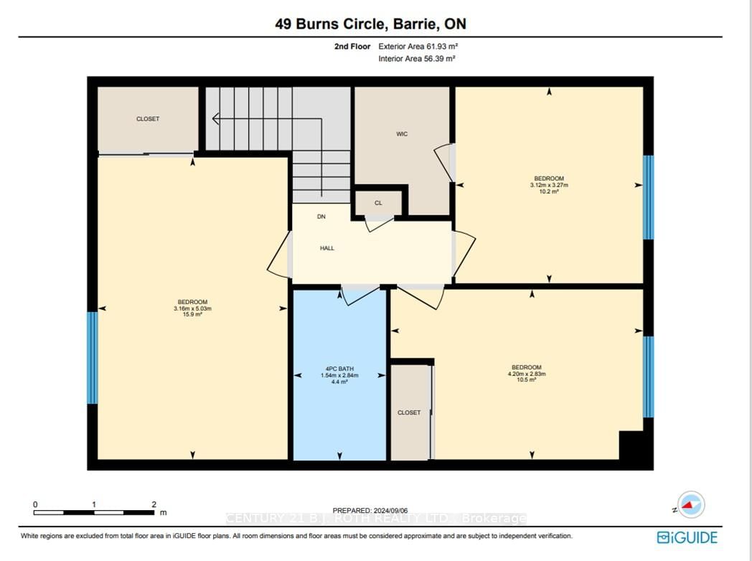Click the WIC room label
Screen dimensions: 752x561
pos(402,134)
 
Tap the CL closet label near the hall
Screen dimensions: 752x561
pos(378,203)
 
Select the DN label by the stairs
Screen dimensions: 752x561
pos(321,217)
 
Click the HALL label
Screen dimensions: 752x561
pos(327,248)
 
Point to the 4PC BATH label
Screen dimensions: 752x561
pos(339,369)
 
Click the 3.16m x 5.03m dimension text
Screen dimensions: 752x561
pos(193,308)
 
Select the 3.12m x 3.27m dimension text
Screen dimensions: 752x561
pos(549,185)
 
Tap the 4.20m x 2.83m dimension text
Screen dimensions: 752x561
pos(527,374)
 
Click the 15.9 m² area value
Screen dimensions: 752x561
pos(193,315)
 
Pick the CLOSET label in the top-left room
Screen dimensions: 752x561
pos(148,119)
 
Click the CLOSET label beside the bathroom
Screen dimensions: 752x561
pos(409,412)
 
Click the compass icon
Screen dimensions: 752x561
pos(691,505)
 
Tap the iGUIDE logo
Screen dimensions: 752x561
pos(687,537)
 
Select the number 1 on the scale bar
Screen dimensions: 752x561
pos(94,504)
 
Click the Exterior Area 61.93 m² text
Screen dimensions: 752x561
pos(418,47)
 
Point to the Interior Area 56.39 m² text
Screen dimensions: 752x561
pos(417,59)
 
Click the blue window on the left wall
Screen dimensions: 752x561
pos(92,358)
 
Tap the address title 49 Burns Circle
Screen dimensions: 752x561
pos(332,24)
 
